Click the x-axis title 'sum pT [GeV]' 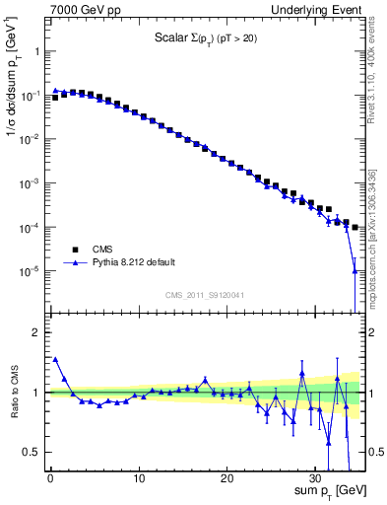(330, 489)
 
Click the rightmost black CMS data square (355, 227)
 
